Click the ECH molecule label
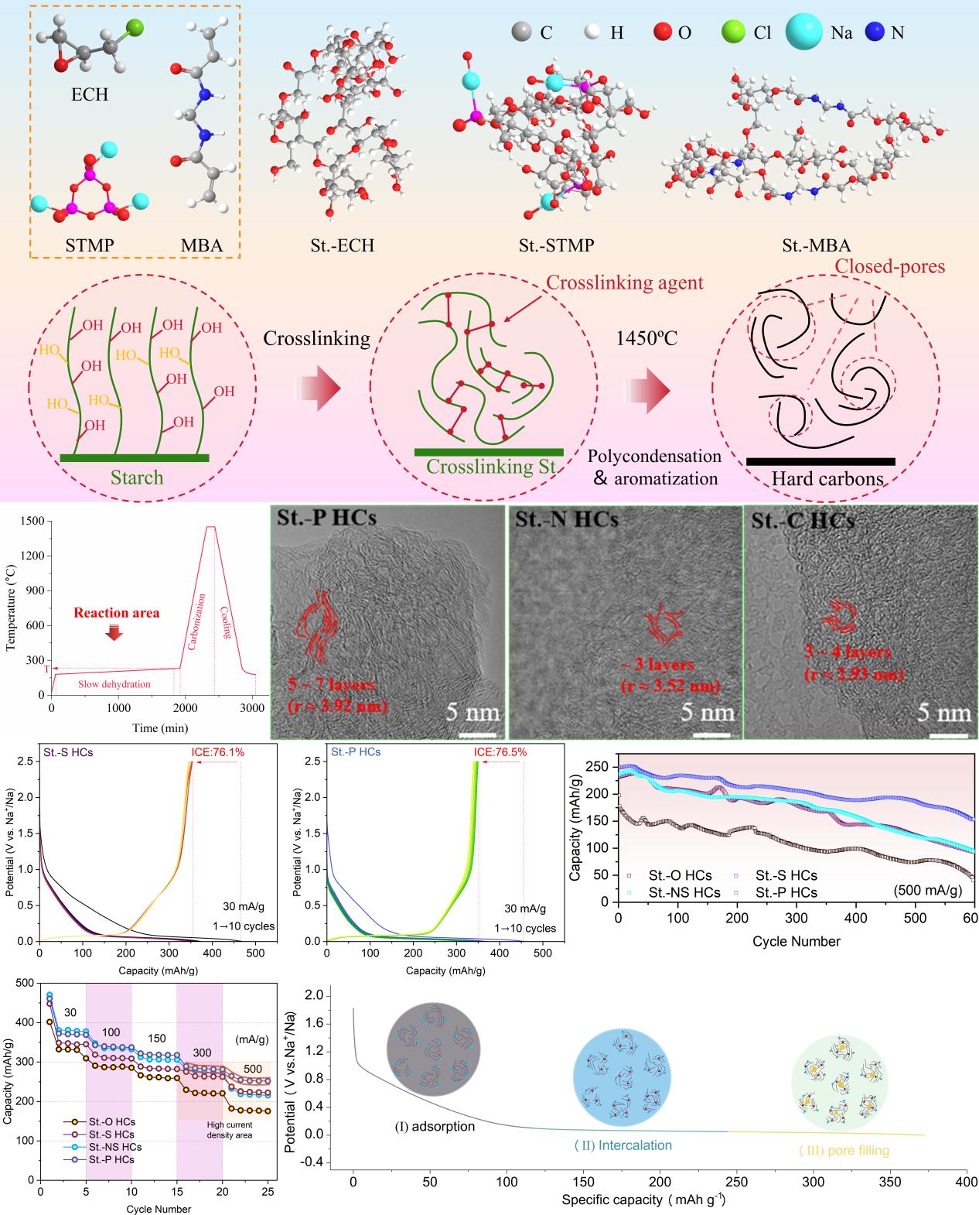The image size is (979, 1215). point(90,95)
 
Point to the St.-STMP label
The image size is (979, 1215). point(556,246)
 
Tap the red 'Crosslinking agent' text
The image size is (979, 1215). point(625,282)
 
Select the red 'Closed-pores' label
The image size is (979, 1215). point(889,267)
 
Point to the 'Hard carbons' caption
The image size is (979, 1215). point(827,479)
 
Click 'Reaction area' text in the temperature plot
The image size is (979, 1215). point(117,613)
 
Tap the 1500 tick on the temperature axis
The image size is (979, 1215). point(33,522)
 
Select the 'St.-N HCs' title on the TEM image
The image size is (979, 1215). point(567,519)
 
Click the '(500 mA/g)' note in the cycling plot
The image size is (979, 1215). point(928,891)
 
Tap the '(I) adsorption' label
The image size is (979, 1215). point(434,1126)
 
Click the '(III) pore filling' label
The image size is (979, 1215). point(844,1151)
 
